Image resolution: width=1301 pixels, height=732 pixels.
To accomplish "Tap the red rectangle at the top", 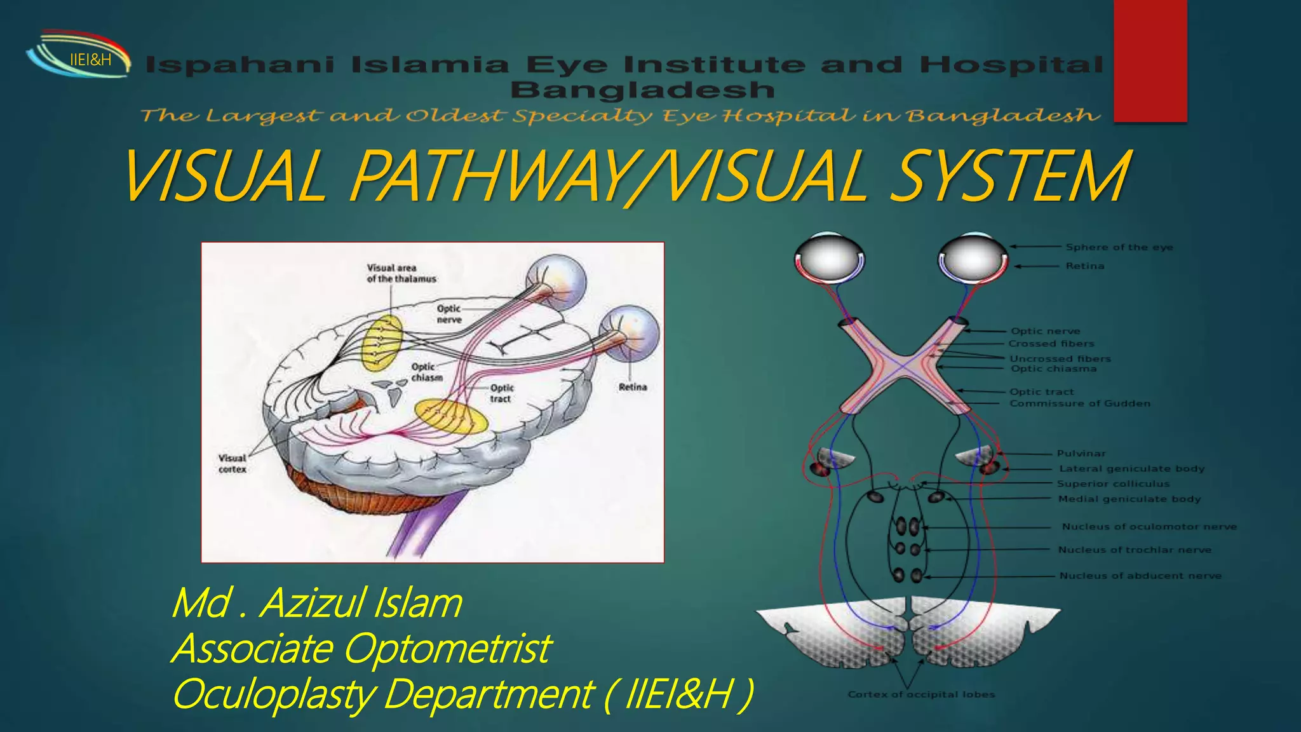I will pyautogui.click(x=1150, y=60).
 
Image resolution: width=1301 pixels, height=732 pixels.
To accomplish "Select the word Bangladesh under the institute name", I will pyautogui.click(x=642, y=90).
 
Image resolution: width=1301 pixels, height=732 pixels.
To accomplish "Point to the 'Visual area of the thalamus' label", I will pyautogui.click(x=401, y=273).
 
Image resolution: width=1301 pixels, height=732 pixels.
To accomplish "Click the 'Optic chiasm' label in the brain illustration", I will pyautogui.click(x=426, y=372).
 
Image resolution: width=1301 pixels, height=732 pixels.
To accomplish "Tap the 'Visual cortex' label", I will pyautogui.click(x=233, y=463).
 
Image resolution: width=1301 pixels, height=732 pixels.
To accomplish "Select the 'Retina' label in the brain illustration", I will pyautogui.click(x=632, y=387).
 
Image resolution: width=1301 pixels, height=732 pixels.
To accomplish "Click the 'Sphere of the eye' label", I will pyautogui.click(x=1119, y=247).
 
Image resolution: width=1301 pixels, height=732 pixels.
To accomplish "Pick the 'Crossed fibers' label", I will pyautogui.click(x=1051, y=344).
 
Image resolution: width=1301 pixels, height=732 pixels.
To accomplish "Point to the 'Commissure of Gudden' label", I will pyautogui.click(x=1080, y=403).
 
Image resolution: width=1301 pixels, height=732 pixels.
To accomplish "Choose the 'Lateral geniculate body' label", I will pyautogui.click(x=1131, y=469).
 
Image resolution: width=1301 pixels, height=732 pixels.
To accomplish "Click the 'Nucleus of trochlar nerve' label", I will pyautogui.click(x=1135, y=550).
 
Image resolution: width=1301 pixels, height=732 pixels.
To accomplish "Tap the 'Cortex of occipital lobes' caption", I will pyautogui.click(x=921, y=695).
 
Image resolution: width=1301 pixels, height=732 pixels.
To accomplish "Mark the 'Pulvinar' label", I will pyautogui.click(x=1081, y=453).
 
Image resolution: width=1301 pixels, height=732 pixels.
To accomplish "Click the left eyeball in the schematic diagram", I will pyautogui.click(x=828, y=257).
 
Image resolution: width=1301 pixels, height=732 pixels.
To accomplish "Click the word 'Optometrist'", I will pyautogui.click(x=448, y=649).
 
